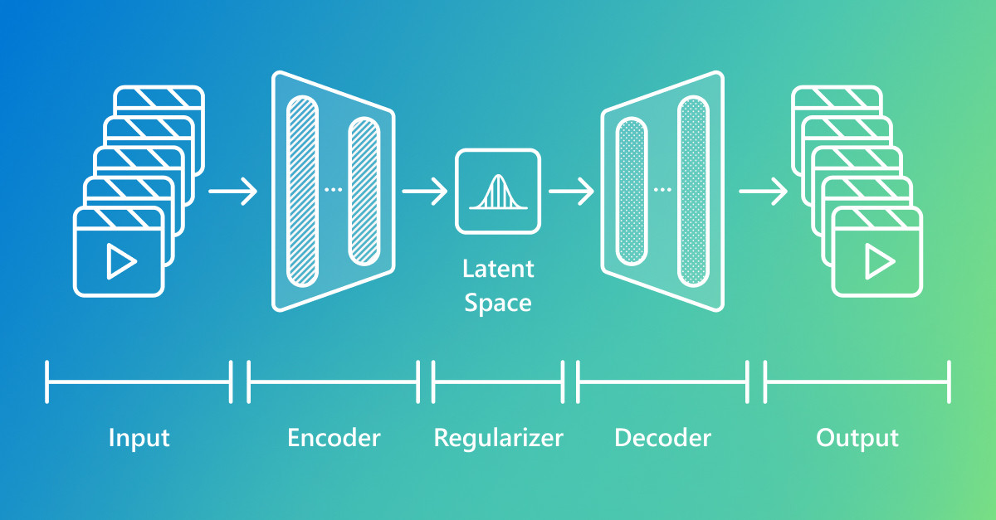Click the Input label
tap(139, 438)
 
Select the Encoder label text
tap(334, 438)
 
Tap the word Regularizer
tap(499, 438)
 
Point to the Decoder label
tap(662, 438)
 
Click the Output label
tap(857, 438)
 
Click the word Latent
tap(498, 269)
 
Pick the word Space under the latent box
tap(498, 304)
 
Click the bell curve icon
tap(499, 192)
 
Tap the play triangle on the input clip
tap(121, 261)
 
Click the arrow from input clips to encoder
tap(233, 192)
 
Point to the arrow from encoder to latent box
tap(425, 192)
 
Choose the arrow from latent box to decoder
tap(571, 192)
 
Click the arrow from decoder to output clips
tap(764, 192)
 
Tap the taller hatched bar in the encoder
tap(302, 191)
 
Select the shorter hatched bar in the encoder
tap(364, 191)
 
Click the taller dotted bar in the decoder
tap(693, 191)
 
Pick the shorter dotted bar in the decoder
tap(632, 191)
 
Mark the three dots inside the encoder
tap(334, 190)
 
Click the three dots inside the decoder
tap(662, 190)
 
